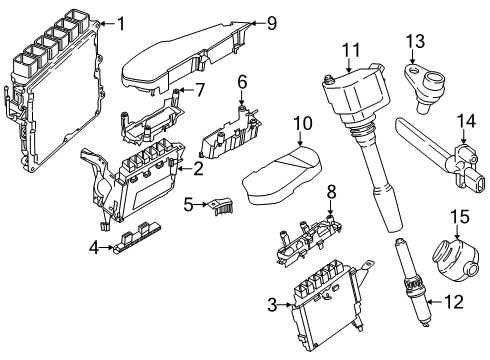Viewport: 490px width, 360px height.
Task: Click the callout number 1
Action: coord(121,24)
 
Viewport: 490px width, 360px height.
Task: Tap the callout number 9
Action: coord(272,23)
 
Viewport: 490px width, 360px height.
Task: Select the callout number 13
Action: coord(415,41)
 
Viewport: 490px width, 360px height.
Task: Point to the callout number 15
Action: coord(460,217)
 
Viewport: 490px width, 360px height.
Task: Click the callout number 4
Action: coord(95,248)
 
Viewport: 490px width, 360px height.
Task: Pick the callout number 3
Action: coord(272,305)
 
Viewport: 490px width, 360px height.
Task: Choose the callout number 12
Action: coord(454,302)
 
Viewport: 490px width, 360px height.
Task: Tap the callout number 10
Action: coord(303,123)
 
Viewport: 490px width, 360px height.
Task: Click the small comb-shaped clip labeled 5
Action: coord(219,207)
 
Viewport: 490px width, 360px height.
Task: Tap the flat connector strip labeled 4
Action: coord(138,237)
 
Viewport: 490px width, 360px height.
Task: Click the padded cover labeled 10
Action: coord(282,175)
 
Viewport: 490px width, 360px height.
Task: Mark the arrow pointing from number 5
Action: coord(201,204)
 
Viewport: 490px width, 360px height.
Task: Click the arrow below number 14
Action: coord(464,136)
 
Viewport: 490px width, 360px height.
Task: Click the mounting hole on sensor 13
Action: coord(413,70)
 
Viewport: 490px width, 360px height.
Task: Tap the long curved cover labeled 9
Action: coord(187,57)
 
